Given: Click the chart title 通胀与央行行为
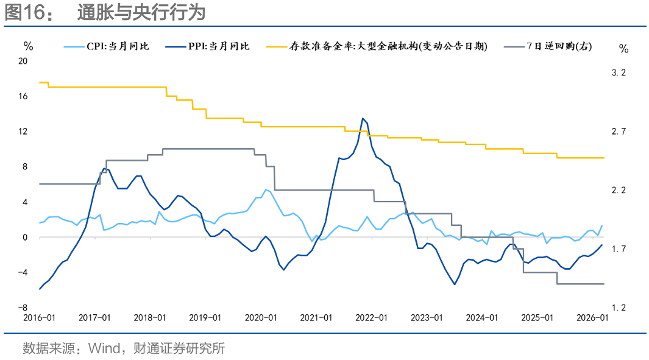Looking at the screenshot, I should pyautogui.click(x=141, y=13).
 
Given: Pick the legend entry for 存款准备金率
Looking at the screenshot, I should pyautogui.click(x=388, y=46).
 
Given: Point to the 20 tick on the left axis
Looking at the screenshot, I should pyautogui.click(x=24, y=61).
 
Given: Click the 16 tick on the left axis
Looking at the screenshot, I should pyautogui.click(x=24, y=96).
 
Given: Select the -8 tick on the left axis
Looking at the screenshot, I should pyautogui.click(x=25, y=308).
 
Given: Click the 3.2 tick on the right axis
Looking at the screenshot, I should pyautogui.click(x=619, y=72).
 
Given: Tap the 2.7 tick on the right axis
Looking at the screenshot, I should pyautogui.click(x=619, y=132).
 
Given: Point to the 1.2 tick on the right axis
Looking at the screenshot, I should pyautogui.click(x=619, y=308).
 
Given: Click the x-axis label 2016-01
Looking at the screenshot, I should pyautogui.click(x=39, y=318).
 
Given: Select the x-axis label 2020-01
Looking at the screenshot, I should pyautogui.click(x=260, y=318).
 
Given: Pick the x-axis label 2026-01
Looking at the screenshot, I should pyautogui.click(x=592, y=318).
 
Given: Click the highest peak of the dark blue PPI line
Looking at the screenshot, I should pyautogui.click(x=363, y=118).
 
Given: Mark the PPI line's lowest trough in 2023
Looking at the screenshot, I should pyautogui.click(x=455, y=284).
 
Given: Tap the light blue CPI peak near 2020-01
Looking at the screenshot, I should pyautogui.click(x=266, y=189).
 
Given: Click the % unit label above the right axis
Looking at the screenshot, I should pyautogui.click(x=623, y=48).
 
